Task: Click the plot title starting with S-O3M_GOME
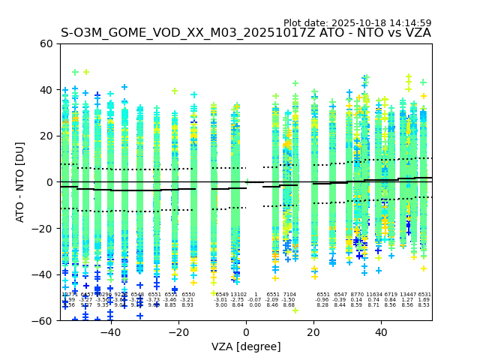246,33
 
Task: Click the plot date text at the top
357,23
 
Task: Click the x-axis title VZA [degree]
246,346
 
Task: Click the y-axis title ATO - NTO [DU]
20,182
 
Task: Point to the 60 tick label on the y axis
46,43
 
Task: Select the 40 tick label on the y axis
46,90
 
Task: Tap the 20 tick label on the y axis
46,136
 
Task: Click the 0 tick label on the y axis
49,182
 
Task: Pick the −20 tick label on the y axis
43,229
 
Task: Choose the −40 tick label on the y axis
43,274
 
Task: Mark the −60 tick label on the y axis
43,321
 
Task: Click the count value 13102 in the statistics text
238,295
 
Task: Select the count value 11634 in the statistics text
373,295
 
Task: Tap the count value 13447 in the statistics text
408,295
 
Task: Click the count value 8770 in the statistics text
357,295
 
